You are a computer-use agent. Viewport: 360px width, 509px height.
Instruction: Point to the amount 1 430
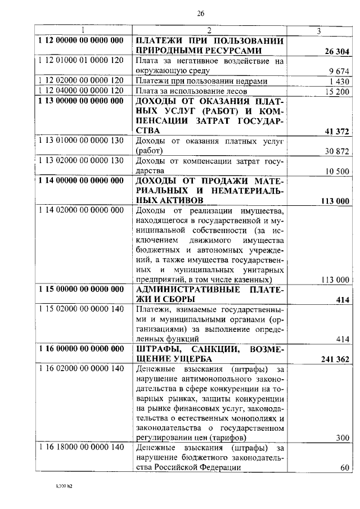[x=340, y=81]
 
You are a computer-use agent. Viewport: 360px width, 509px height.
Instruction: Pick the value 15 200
[x=337, y=91]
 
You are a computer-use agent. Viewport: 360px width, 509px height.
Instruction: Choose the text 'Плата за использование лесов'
[x=190, y=91]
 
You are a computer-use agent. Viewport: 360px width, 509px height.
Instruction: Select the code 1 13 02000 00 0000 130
[x=81, y=160]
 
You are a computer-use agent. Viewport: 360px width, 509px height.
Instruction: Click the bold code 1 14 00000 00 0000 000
[x=81, y=181]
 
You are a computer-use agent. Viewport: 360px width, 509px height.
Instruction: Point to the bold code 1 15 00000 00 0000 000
[x=81, y=289]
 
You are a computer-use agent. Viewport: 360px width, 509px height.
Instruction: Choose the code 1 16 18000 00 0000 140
[x=81, y=448]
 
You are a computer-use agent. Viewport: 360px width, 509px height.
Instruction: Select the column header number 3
[x=318, y=30]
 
